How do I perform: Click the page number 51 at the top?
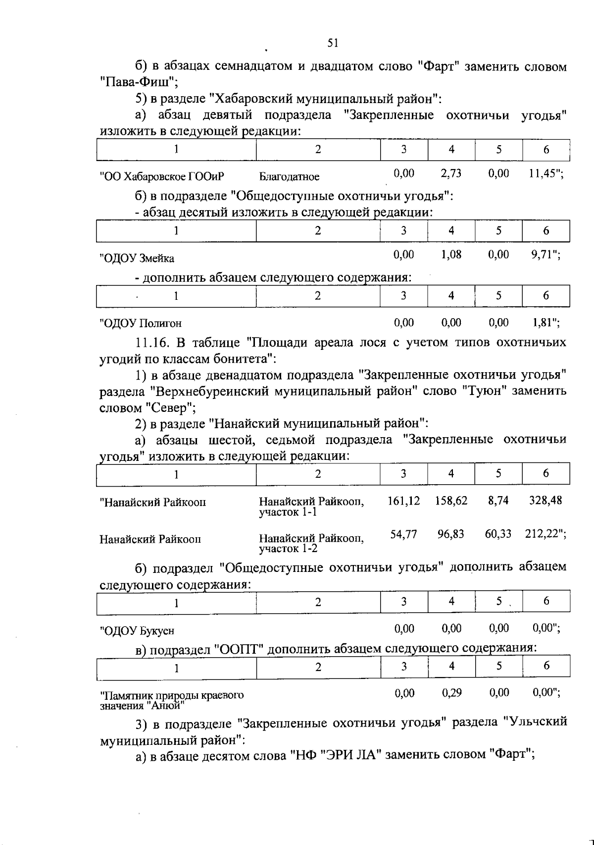(x=333, y=44)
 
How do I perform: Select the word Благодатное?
(x=290, y=177)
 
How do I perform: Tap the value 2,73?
(x=451, y=173)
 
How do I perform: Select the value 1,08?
(x=451, y=255)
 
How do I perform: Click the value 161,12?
(x=403, y=501)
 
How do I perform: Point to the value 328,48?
(x=545, y=501)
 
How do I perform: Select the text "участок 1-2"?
(x=289, y=549)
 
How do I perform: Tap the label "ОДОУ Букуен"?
(x=137, y=631)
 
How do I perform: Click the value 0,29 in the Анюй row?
(x=451, y=693)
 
